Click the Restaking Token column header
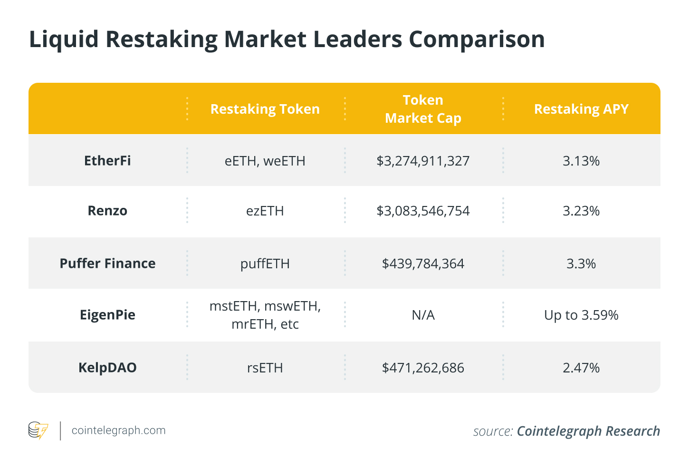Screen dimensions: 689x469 pos(265,109)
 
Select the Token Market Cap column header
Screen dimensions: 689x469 pos(423,109)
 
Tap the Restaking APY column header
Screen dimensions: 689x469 pos(581,109)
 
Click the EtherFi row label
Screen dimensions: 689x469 pos(107,161)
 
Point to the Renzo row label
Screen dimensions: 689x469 pos(107,211)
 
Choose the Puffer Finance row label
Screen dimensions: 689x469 pos(107,264)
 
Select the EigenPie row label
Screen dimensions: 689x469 pos(107,315)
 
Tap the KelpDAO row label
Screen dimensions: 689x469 pos(107,368)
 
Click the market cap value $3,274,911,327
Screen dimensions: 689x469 pos(423,161)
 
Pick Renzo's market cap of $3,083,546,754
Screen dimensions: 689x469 pos(423,211)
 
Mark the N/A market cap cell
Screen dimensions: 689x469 pos(423,315)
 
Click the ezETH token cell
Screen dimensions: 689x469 pos(265,211)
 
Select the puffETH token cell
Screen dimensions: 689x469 pos(265,264)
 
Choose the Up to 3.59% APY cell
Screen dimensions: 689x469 pos(581,315)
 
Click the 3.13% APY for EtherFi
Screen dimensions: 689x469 pos(581,161)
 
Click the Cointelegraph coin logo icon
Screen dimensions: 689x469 pos(38,430)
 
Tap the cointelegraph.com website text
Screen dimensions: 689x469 pos(118,430)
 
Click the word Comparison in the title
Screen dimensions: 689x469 pos(477,39)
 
